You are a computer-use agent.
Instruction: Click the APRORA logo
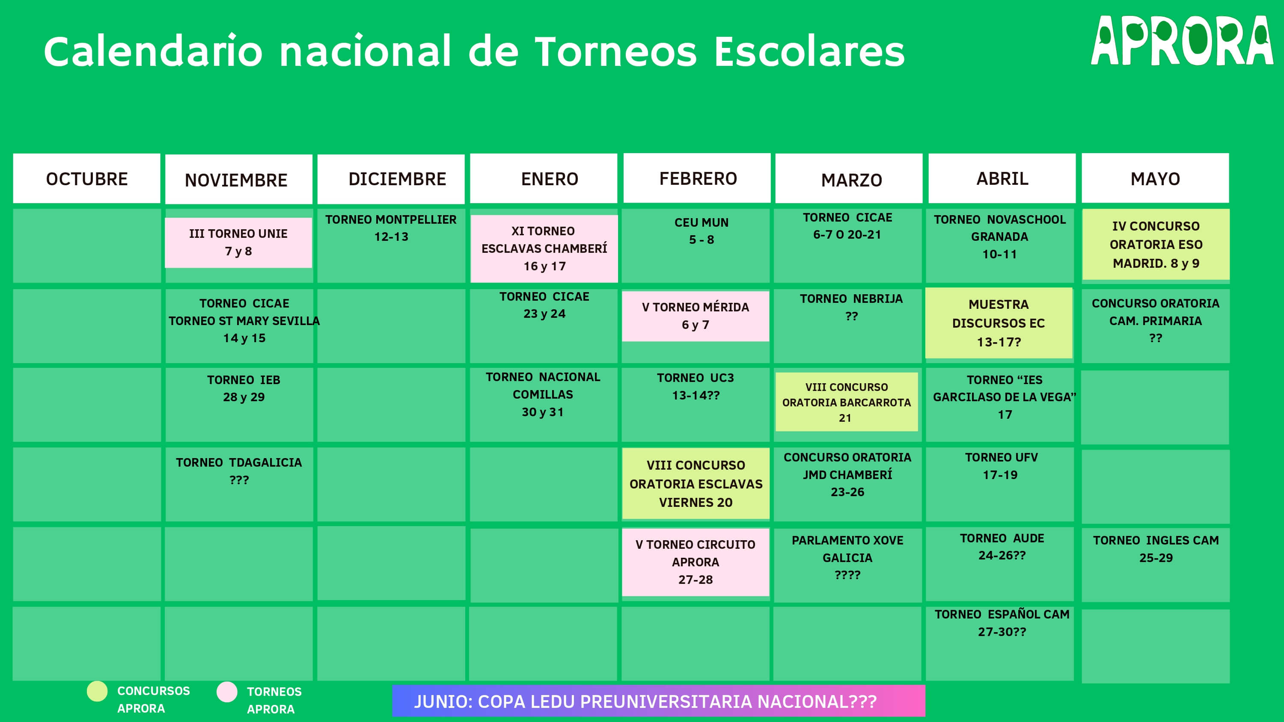(1181, 41)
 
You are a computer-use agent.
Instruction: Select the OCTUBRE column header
(87, 178)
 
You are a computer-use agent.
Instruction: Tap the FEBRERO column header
(697, 178)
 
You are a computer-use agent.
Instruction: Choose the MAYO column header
(1155, 178)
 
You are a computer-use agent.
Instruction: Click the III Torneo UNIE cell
(238, 243)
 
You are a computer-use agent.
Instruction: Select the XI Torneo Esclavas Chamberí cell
(544, 249)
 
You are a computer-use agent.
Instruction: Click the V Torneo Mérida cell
(695, 316)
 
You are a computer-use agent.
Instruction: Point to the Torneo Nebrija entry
(851, 307)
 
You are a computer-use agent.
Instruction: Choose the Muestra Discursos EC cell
(999, 323)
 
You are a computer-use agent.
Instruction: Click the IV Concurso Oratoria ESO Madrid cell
(1156, 244)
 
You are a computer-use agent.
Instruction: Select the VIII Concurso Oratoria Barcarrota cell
(846, 402)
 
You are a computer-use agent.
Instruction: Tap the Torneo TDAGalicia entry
(239, 471)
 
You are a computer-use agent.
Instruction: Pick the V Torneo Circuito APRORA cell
(695, 562)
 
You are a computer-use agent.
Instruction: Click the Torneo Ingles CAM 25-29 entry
(1156, 549)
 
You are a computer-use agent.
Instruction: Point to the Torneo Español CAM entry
(1002, 623)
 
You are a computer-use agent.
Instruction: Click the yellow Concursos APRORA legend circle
(97, 691)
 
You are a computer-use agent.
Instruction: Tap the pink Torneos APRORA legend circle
(227, 692)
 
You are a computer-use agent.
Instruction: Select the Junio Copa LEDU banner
(658, 701)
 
